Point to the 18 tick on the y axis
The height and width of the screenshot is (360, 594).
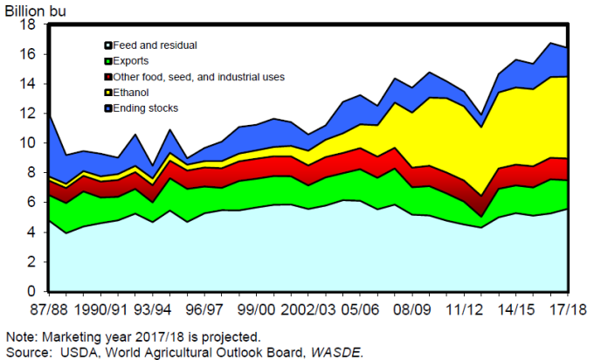click(28, 24)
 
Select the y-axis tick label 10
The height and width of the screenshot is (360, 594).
click(28, 143)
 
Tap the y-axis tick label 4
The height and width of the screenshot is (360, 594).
click(31, 232)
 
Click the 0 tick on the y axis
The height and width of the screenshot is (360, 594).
click(31, 292)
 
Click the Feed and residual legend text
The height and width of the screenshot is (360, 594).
click(155, 45)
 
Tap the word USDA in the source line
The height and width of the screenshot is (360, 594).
click(74, 351)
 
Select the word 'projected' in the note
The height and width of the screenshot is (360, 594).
click(233, 337)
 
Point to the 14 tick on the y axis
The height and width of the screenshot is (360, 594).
click(28, 84)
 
